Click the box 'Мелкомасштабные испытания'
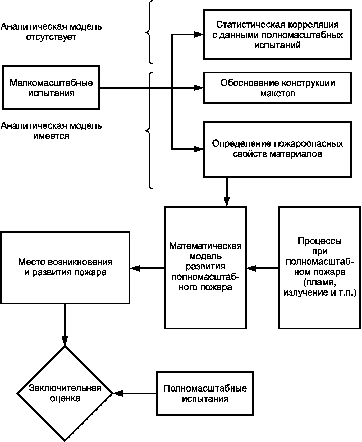point(51,88)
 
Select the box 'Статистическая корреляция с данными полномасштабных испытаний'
point(277,35)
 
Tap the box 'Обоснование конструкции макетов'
point(277,88)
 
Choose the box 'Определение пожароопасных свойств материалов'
point(277,149)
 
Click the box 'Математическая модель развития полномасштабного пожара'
point(205,267)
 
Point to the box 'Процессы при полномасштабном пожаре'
point(319,267)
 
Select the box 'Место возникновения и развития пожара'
point(65,267)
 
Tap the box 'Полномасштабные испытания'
point(205,393)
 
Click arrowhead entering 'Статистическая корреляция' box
point(198,34)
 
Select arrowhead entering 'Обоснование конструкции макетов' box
point(198,88)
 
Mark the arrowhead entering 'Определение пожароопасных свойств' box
point(198,149)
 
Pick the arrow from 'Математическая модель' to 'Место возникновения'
point(147,268)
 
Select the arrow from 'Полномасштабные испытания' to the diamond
point(135,393)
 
